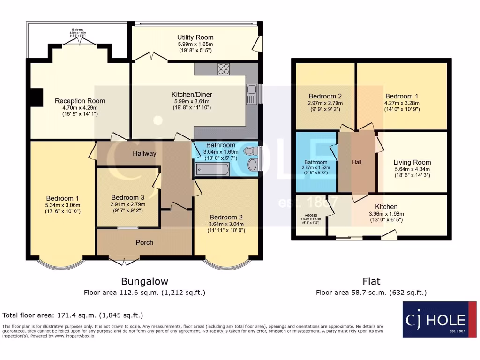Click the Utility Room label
[x=195, y=37]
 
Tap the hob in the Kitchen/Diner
[x=224, y=69]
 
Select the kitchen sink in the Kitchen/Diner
[x=251, y=94]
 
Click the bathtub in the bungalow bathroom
[x=212, y=170]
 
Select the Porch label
[x=144, y=242]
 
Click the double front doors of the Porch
[x=124, y=258]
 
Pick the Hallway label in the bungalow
[x=144, y=153]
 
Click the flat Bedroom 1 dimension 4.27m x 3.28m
[x=402, y=103]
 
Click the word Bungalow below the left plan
[x=144, y=281]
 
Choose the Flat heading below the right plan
[x=371, y=281]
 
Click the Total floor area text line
[x=73, y=315]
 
